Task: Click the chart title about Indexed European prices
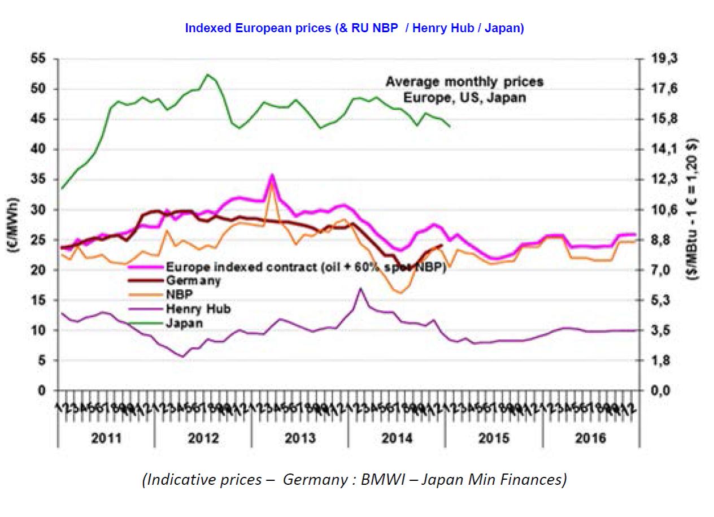click(x=355, y=29)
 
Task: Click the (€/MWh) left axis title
click(x=12, y=224)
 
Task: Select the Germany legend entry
click(x=193, y=280)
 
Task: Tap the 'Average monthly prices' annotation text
click(x=464, y=82)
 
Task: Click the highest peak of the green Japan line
click(x=207, y=75)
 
